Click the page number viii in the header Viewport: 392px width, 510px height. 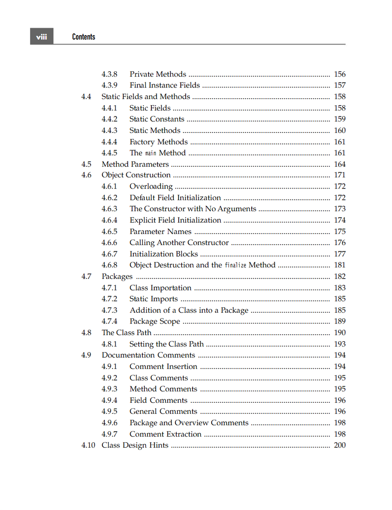[x=41, y=37]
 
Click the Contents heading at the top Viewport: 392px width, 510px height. [x=83, y=37]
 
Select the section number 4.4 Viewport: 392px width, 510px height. [x=86, y=97]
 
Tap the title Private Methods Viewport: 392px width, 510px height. [x=158, y=74]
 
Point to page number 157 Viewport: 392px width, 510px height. [x=340, y=85]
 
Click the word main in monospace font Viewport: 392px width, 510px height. [x=151, y=153]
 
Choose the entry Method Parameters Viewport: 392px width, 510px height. [x=135, y=164]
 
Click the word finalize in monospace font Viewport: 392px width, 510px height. [x=235, y=265]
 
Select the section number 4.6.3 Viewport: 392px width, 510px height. [x=109, y=209]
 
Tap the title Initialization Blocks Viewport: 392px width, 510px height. [x=163, y=254]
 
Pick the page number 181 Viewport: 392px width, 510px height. [x=340, y=265]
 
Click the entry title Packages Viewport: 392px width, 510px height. [x=117, y=276]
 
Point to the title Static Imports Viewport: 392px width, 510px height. [x=153, y=299]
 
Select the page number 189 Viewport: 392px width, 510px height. [x=340, y=321]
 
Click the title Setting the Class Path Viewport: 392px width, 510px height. [x=166, y=344]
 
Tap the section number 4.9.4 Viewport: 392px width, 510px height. [x=109, y=400]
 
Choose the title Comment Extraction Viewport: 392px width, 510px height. [x=165, y=434]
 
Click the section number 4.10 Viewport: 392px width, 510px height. [x=88, y=445]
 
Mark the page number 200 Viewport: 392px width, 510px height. [x=340, y=445]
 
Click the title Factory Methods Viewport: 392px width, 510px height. [x=158, y=142]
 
